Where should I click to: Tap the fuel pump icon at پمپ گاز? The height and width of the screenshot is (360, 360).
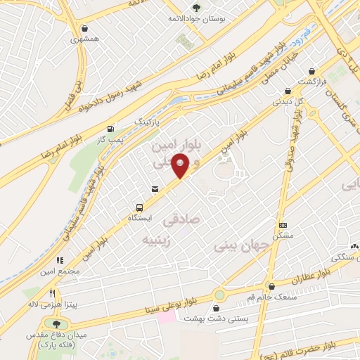click(110, 129)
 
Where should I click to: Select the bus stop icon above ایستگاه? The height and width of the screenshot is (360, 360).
click(140, 207)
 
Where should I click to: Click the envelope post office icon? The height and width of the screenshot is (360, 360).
click(155, 188)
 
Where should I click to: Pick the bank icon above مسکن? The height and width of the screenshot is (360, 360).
click(283, 226)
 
